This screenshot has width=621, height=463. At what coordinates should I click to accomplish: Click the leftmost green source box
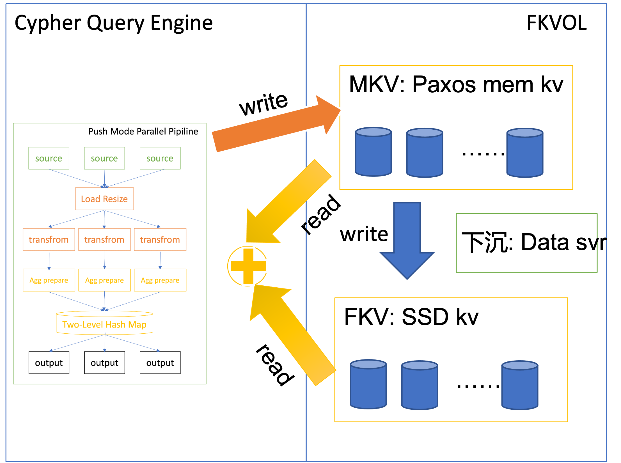49,158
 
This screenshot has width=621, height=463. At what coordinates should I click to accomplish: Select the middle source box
104,158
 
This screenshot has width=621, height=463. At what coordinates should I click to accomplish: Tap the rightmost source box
160,158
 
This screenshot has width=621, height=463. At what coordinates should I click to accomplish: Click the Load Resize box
104,199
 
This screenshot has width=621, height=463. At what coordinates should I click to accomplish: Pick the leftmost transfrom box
49,239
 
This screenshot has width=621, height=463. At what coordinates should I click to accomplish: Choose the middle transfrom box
104,239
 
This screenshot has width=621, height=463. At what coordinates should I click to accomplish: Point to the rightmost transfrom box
160,239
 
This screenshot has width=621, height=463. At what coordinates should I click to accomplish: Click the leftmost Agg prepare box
49,280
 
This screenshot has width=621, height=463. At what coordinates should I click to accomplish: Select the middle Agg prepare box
104,280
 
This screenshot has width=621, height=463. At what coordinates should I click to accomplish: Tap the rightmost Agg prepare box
160,280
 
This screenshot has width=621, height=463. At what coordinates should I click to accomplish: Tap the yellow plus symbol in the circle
248,266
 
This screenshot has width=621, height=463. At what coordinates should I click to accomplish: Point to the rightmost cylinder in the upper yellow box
525,153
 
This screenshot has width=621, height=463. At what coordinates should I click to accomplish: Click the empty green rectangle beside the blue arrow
526,243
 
